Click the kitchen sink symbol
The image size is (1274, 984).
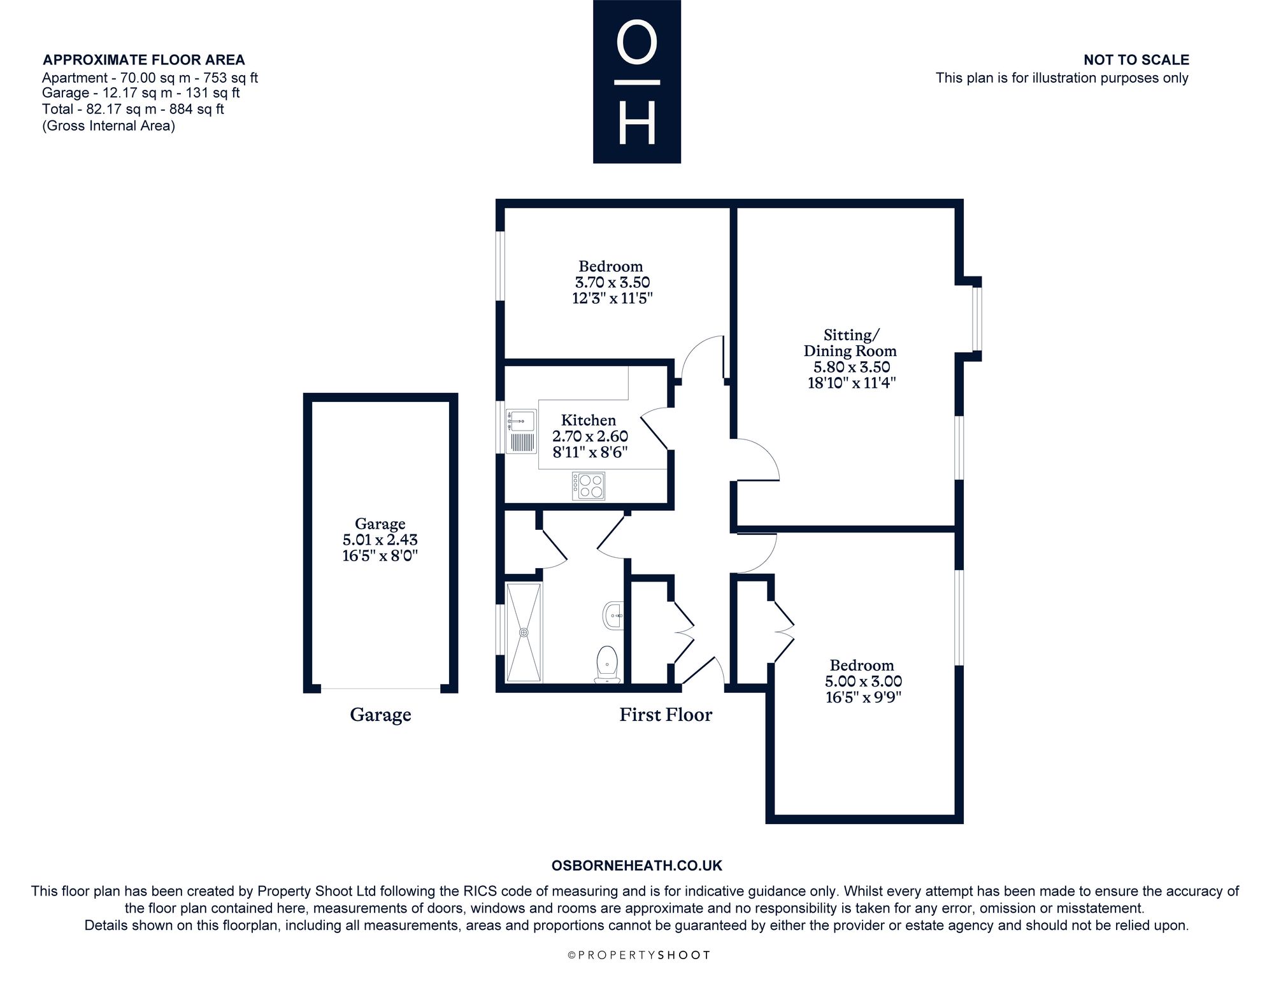[x=521, y=432]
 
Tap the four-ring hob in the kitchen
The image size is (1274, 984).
[x=588, y=486]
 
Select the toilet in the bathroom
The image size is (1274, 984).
[x=607, y=665]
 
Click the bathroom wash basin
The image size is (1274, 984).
[x=613, y=615]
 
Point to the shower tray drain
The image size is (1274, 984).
[x=524, y=632]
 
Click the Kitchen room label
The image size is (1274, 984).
[x=589, y=420]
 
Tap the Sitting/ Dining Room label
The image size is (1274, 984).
[x=850, y=343]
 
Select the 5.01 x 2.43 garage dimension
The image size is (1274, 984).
[x=380, y=540]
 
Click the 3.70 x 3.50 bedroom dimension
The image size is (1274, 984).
[x=612, y=282]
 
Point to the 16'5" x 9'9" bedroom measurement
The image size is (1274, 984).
[x=863, y=697]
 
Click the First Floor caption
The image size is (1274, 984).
[x=666, y=715]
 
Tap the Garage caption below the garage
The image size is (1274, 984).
[x=380, y=715]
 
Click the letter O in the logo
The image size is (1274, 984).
[x=637, y=44]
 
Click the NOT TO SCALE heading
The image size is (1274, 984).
[x=1136, y=60]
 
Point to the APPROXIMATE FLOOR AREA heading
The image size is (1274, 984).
[x=144, y=60]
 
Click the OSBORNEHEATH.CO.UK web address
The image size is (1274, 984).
[x=637, y=866]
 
